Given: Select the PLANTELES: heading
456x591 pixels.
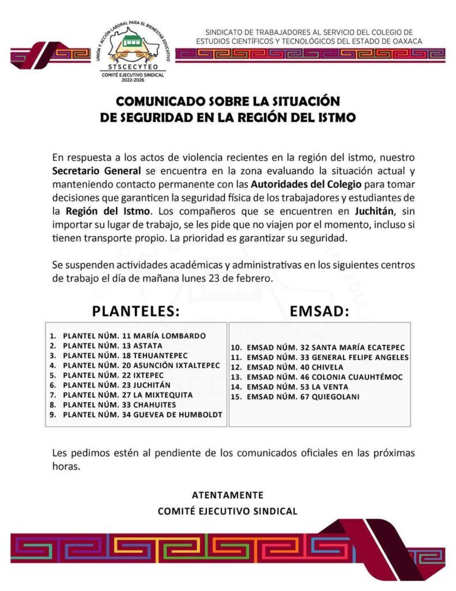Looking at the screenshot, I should [x=136, y=312].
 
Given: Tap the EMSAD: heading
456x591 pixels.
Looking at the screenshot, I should [x=319, y=312].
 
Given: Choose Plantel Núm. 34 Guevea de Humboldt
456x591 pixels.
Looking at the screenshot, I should [x=142, y=414].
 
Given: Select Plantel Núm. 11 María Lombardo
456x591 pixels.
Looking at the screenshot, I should [x=134, y=335].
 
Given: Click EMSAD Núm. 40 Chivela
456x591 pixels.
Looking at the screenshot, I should [x=295, y=367].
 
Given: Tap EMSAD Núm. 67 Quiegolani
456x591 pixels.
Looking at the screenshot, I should [x=303, y=397].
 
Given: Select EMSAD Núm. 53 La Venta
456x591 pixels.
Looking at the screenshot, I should [x=297, y=387].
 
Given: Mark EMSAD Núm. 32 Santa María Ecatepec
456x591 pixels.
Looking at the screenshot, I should [x=325, y=347].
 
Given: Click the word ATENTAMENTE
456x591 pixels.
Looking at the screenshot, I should [x=228, y=495].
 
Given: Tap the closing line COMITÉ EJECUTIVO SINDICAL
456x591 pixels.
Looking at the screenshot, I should [x=228, y=511].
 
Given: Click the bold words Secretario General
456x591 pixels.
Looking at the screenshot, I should [x=96, y=171].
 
